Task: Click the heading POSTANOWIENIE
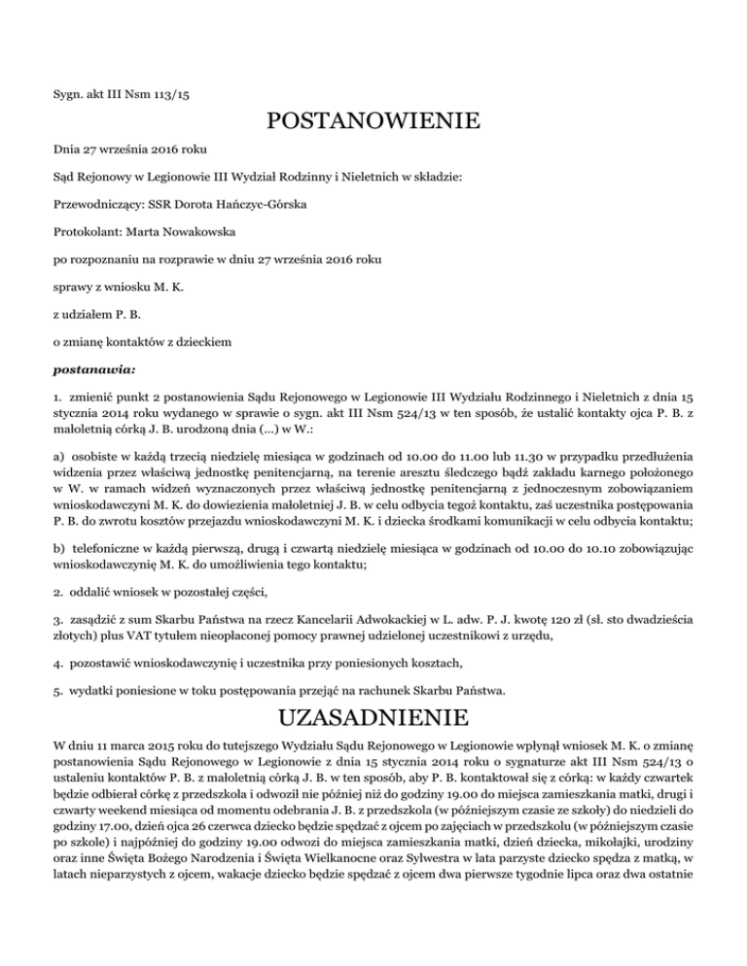pos(373,122)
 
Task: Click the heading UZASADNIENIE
pos(373,721)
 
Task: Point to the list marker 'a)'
pos(60,481)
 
